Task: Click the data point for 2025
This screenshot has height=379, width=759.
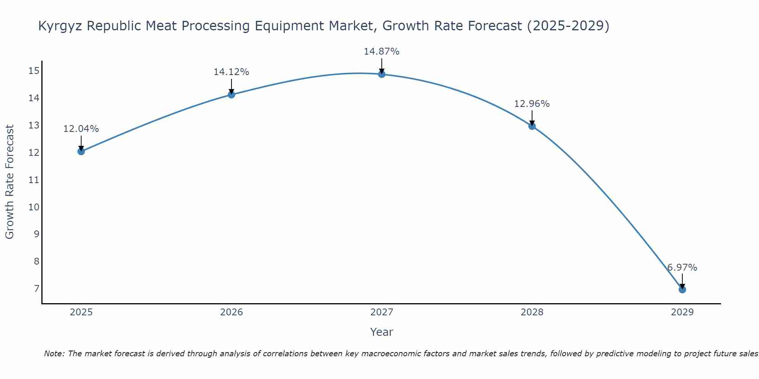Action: pos(81,152)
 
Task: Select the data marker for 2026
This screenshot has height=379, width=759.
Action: pos(231,94)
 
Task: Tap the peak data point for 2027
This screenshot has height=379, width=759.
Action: pos(382,74)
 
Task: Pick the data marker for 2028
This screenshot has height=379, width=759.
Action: pos(532,126)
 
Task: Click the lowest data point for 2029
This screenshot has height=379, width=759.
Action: pos(682,290)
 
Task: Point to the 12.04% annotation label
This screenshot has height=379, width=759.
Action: pos(81,129)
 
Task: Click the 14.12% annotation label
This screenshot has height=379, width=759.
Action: pos(231,72)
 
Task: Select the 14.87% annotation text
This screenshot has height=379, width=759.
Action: pos(381,52)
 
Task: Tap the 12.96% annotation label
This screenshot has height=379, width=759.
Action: pos(532,104)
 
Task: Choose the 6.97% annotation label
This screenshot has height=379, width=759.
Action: pos(682,268)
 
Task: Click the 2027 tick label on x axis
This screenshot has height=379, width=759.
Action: pos(382,312)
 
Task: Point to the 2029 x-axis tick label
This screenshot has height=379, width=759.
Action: pos(682,312)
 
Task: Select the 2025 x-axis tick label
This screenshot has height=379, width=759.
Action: pos(81,312)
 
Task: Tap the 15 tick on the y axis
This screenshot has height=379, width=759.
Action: pos(34,71)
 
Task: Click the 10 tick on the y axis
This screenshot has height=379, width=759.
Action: pos(34,207)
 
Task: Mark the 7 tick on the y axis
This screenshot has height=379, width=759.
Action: pos(36,289)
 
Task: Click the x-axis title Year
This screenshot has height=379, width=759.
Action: pos(381,332)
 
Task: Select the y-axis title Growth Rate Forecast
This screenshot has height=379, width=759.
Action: pos(9,182)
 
